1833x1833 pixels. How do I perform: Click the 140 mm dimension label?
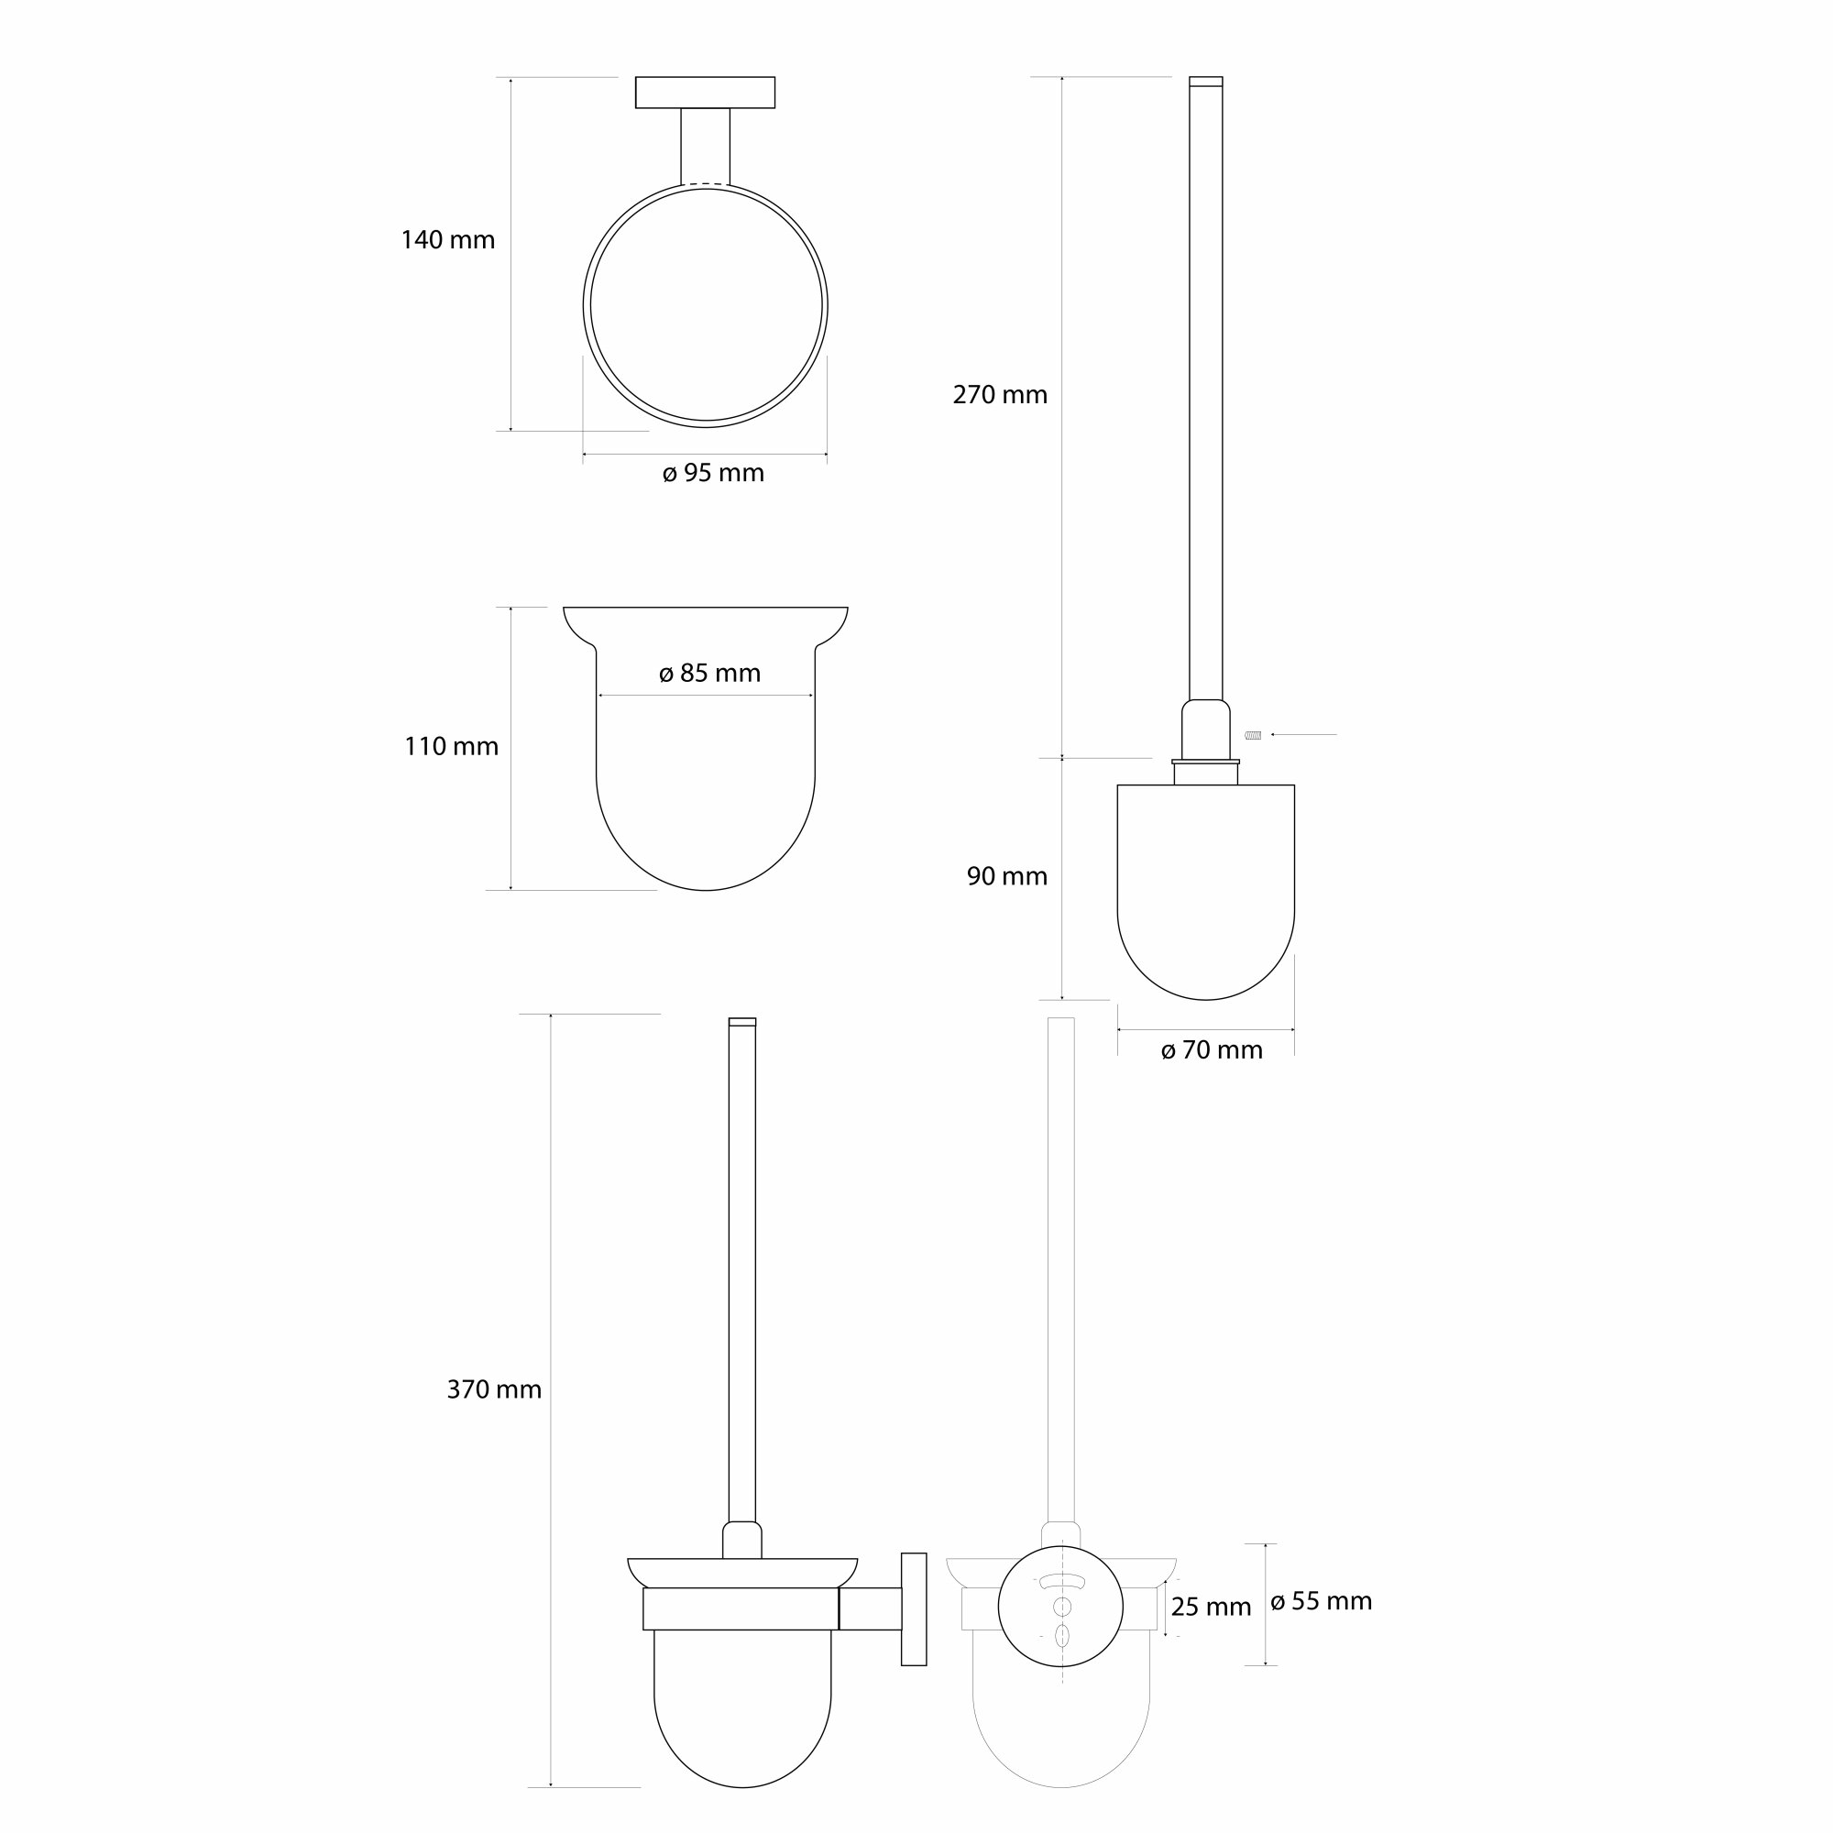point(448,240)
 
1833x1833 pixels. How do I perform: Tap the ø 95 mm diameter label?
point(713,473)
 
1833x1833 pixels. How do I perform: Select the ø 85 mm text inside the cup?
point(709,673)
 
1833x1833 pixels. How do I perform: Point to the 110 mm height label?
point(452,747)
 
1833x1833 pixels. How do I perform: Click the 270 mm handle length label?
point(1000,395)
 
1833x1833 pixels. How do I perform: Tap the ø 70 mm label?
point(1212,1050)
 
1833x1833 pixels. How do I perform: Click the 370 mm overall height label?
point(494,1390)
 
